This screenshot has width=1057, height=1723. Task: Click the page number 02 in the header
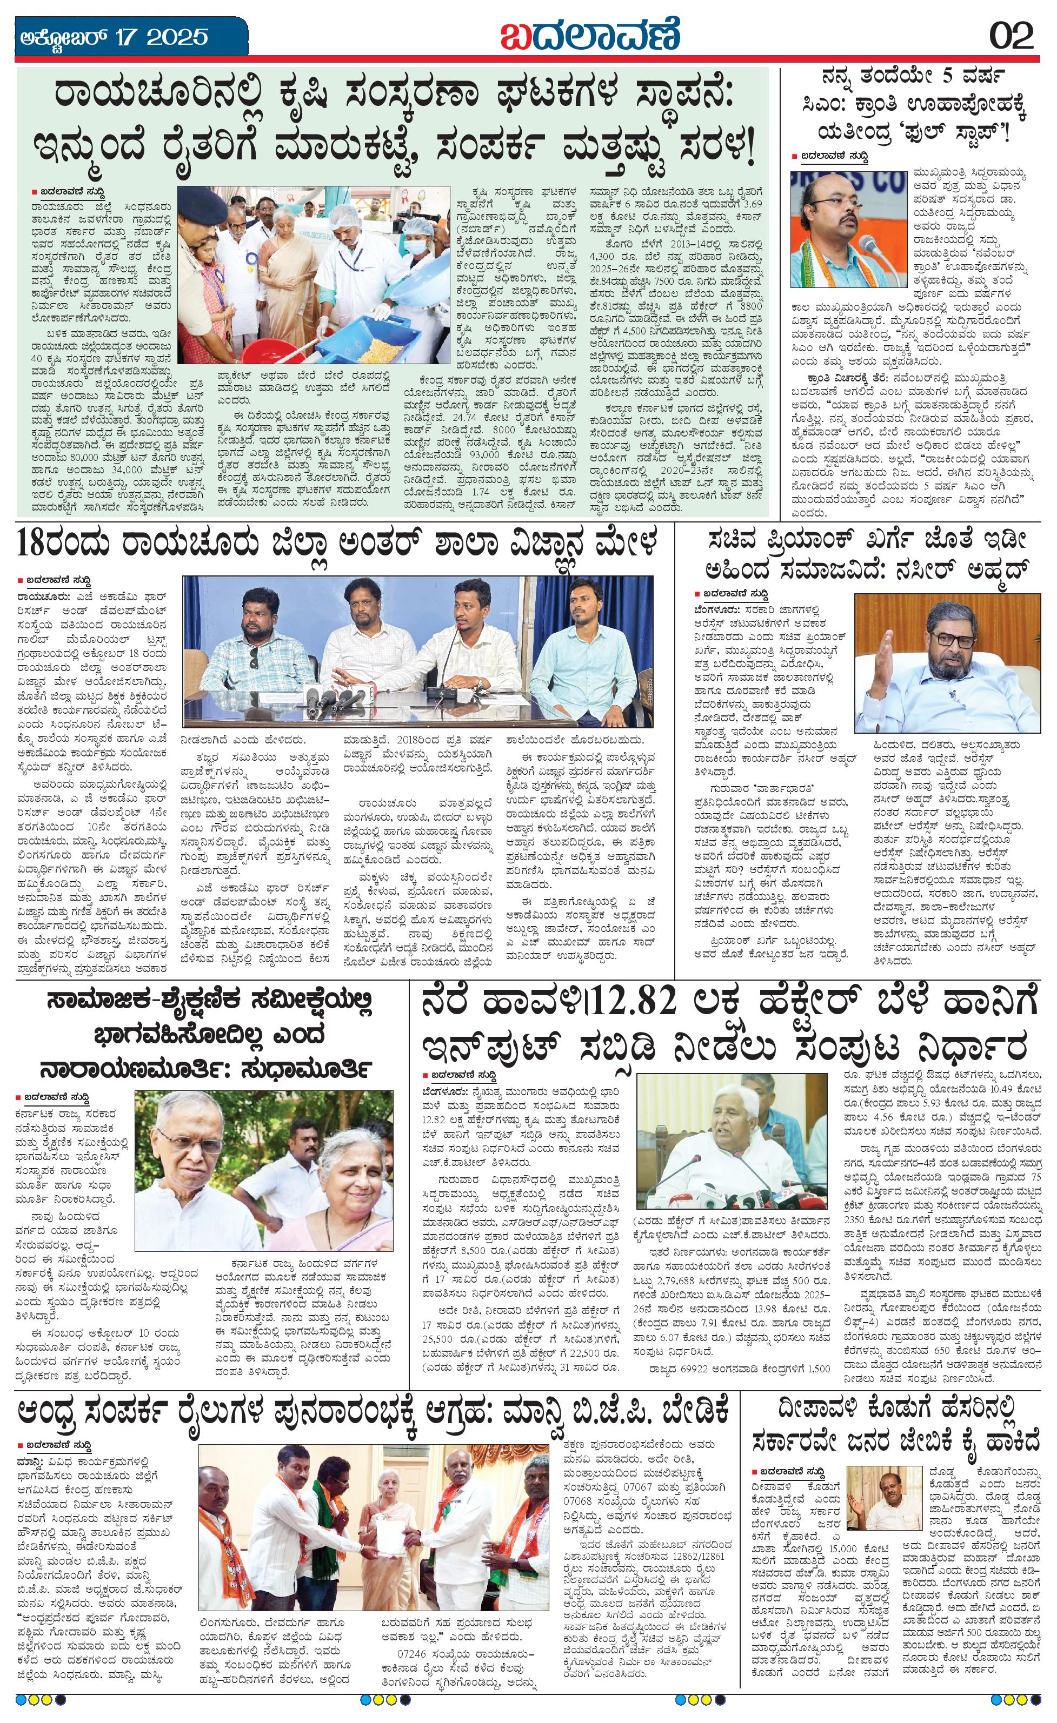click(x=1011, y=35)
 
